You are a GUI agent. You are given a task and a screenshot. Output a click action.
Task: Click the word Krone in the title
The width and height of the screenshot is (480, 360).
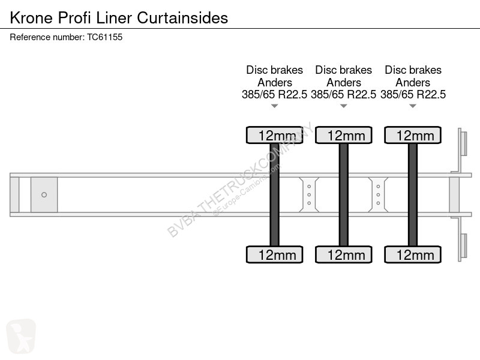(32, 18)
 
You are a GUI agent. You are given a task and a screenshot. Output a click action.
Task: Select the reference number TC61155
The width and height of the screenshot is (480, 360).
(104, 37)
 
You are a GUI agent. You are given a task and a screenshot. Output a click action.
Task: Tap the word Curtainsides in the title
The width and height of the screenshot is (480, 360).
(182, 18)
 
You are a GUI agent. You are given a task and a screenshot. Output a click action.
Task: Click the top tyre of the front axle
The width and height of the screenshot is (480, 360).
(275, 135)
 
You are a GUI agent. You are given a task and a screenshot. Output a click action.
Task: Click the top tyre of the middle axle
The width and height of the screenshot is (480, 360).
(343, 135)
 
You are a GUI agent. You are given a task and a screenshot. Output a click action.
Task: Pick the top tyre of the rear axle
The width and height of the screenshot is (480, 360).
(413, 135)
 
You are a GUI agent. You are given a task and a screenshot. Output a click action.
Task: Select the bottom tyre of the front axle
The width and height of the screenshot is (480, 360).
(275, 254)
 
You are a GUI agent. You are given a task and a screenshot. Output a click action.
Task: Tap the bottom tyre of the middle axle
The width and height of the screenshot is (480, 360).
(343, 254)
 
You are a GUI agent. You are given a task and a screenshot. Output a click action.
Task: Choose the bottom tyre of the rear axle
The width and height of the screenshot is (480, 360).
(413, 254)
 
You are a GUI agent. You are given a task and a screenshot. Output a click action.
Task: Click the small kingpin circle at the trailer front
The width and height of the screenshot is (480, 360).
(44, 194)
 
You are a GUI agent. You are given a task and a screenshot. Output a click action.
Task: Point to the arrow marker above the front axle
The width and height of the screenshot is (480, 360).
(275, 106)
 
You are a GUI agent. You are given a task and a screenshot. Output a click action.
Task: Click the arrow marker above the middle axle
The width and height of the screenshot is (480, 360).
(343, 106)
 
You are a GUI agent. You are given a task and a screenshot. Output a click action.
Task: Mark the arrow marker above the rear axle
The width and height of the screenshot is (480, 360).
(413, 106)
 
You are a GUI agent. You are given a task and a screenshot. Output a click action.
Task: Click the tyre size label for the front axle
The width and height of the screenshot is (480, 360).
(274, 94)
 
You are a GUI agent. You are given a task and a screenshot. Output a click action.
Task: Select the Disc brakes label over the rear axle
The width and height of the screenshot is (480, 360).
(413, 70)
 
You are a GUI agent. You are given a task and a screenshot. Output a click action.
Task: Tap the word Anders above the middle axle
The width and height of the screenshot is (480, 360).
(343, 82)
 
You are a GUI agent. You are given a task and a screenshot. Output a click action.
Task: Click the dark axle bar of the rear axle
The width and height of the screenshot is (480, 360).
(413, 194)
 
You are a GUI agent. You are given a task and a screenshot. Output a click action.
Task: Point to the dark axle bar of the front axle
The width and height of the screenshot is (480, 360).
(275, 194)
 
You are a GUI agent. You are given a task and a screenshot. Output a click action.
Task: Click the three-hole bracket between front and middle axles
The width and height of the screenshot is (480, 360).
(309, 194)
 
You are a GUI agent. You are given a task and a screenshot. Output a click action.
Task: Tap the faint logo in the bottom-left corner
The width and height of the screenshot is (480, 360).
(21, 336)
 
